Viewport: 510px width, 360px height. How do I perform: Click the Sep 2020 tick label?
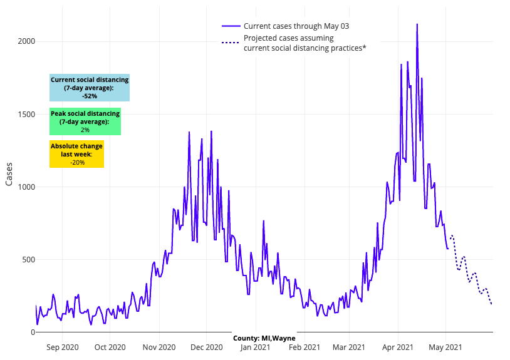pos(63,347)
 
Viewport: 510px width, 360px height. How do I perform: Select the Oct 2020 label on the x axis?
pos(110,347)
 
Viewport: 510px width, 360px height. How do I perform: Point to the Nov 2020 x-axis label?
pos(159,347)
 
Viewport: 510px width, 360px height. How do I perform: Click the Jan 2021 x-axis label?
pos(255,347)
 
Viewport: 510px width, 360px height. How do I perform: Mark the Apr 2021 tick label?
pos(397,347)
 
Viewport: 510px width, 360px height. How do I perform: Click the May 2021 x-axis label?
pos(445,347)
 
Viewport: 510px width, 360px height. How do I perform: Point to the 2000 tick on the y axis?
pos(26,41)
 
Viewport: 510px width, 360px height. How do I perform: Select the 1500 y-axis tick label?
pos(26,114)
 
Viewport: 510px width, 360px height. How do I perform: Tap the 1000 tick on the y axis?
pos(26,187)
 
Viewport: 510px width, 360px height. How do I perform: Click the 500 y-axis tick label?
pos(28,259)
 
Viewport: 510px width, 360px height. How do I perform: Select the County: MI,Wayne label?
pos(264,338)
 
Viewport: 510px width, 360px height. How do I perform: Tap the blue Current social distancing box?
pos(90,88)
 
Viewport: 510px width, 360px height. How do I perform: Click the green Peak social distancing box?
pos(85,121)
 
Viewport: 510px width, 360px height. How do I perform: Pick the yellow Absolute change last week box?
pos(76,154)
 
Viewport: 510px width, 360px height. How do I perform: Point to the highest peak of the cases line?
pos(417,24)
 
